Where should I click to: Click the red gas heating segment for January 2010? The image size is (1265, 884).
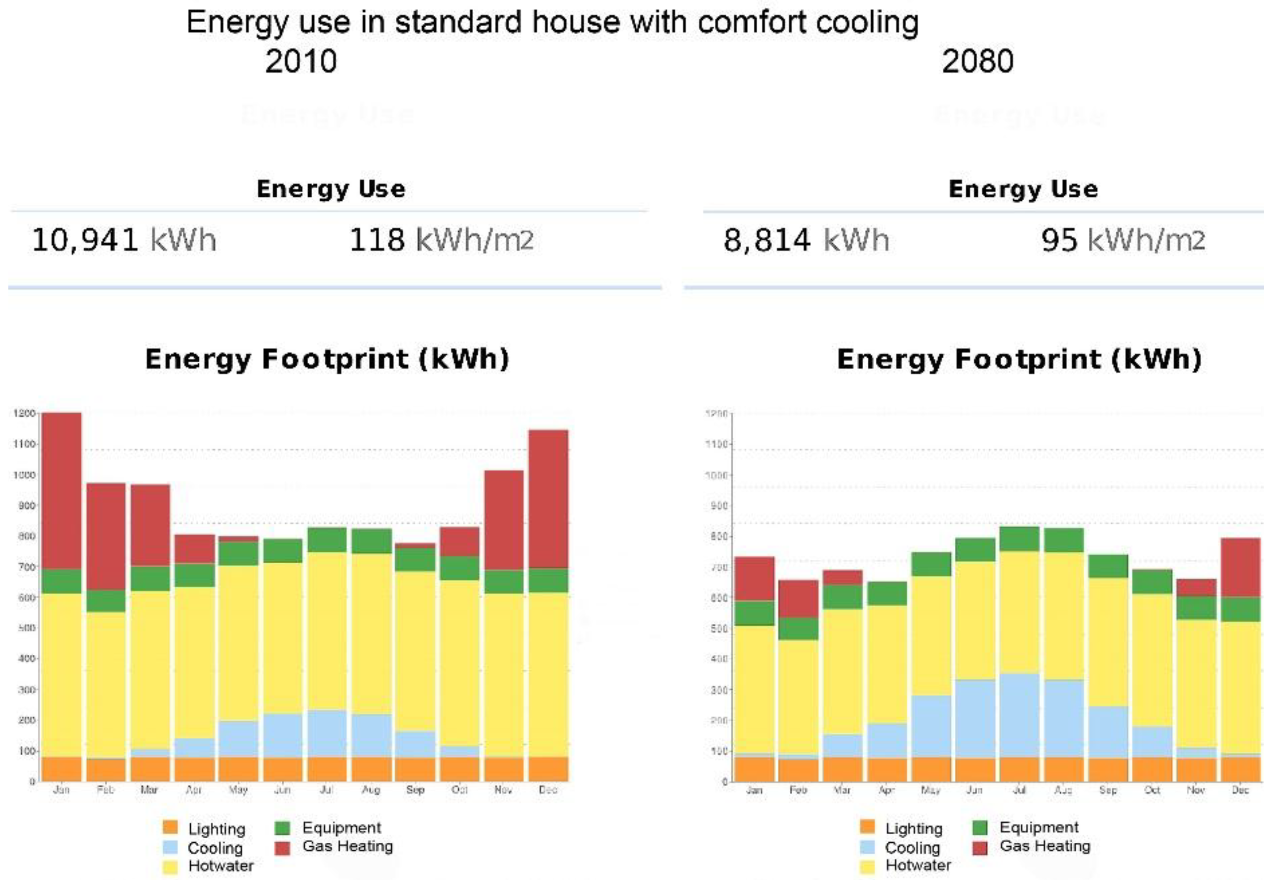[62, 490]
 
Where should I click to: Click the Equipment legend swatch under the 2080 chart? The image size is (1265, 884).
[980, 827]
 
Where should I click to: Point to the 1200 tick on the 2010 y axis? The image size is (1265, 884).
[25, 413]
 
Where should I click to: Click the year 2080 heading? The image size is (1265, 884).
[977, 61]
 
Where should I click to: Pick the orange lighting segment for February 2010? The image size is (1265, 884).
[106, 770]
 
